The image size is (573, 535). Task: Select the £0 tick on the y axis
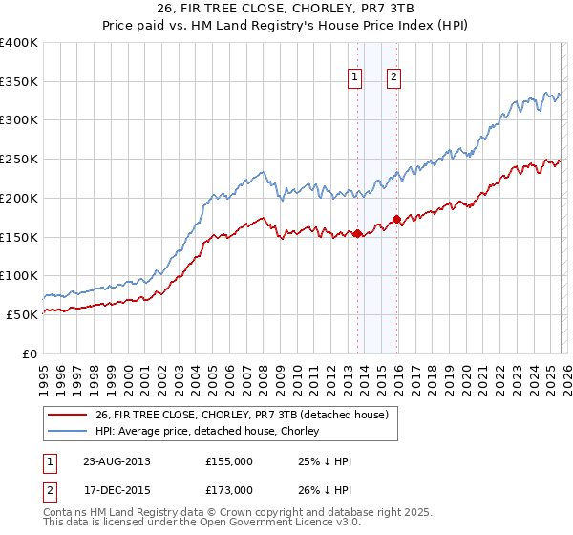[x=30, y=353]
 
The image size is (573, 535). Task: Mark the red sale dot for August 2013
[x=357, y=233]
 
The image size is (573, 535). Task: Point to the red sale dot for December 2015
[x=397, y=220]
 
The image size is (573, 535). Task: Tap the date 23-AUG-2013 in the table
[x=117, y=461]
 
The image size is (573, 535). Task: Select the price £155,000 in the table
[x=228, y=461]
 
